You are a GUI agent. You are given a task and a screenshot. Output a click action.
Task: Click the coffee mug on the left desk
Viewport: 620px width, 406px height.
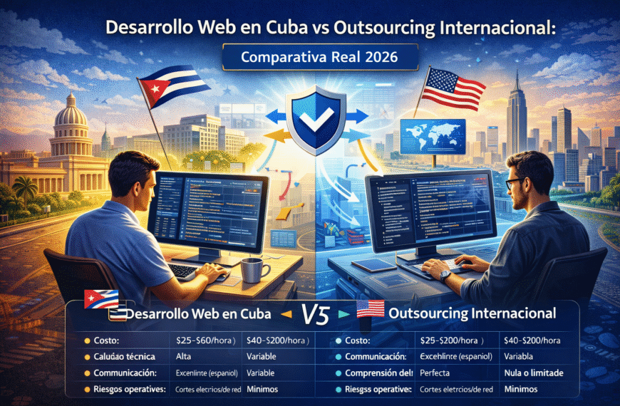pos(253,270)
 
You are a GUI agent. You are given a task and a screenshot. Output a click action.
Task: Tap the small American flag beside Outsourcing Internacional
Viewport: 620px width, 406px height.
pos(368,310)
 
